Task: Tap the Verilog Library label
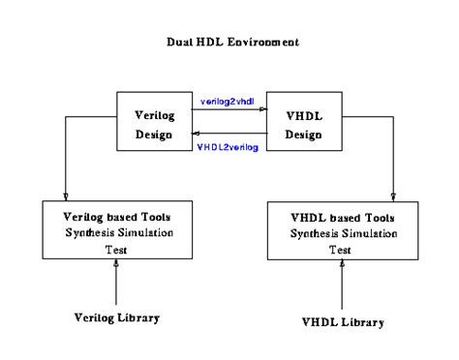click(117, 317)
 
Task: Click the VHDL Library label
click(342, 321)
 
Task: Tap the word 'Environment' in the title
click(260, 43)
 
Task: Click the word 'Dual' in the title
click(179, 43)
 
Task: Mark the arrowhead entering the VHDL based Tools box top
click(392, 195)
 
